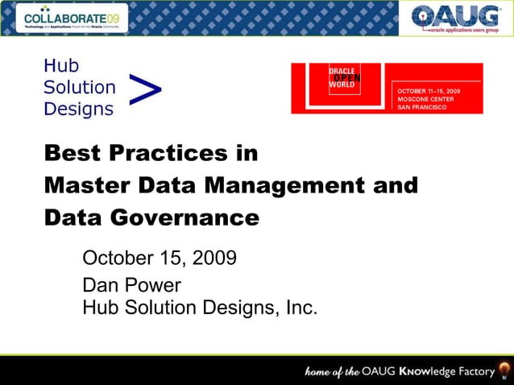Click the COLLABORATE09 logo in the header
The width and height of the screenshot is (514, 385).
(72, 17)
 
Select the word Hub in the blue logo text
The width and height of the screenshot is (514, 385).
(61, 67)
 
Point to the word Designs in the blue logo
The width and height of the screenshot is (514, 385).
(78, 108)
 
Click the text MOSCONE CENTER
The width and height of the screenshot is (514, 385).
(425, 99)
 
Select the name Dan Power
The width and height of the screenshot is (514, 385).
(132, 287)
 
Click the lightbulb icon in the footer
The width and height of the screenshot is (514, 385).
(504, 371)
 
